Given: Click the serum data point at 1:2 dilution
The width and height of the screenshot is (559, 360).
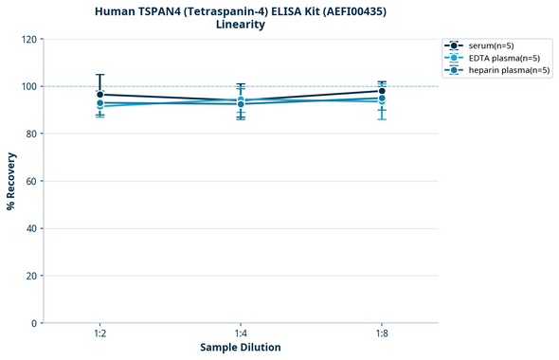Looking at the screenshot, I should (99, 95).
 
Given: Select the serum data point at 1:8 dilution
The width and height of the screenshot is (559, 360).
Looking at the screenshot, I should (381, 91).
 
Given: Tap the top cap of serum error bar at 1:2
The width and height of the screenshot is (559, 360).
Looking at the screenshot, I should (99, 75).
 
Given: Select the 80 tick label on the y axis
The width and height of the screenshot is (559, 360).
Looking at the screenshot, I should (31, 134).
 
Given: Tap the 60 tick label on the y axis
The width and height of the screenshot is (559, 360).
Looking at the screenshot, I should (31, 181).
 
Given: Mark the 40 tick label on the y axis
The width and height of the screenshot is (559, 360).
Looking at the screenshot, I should (31, 228).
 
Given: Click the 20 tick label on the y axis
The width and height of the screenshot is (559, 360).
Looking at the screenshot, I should (31, 276).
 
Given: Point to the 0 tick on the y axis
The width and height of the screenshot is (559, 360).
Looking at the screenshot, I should (34, 323).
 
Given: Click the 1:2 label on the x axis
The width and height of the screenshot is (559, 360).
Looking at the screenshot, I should (99, 333).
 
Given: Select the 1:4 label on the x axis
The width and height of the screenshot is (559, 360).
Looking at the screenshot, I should (241, 333).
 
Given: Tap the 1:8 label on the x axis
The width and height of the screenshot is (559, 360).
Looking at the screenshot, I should (381, 333).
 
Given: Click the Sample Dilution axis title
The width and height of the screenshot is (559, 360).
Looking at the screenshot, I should (241, 348).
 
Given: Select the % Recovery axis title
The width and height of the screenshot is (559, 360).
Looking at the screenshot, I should (11, 180).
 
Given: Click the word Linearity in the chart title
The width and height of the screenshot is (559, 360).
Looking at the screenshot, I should (241, 25).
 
